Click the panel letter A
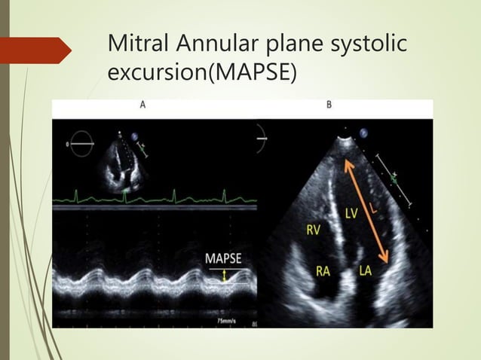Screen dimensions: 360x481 click(143, 105)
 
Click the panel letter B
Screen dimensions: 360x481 click(329, 105)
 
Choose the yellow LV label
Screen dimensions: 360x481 click(351, 215)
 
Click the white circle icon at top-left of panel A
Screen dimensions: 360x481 click(78, 142)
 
